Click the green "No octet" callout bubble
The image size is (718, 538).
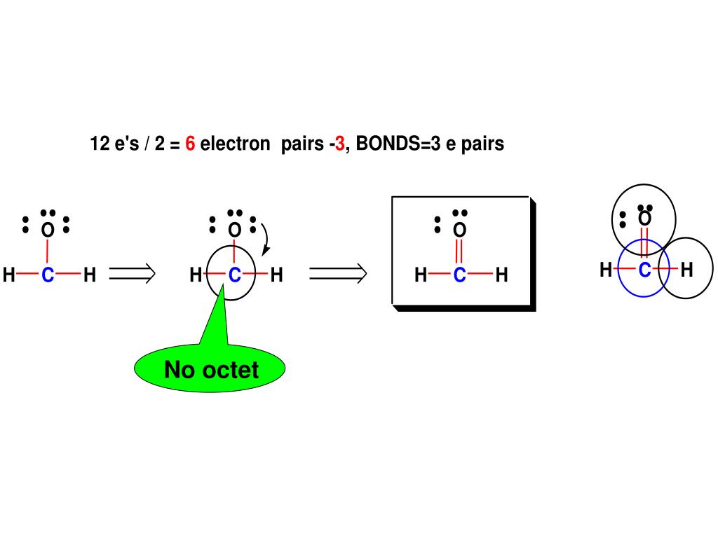210,369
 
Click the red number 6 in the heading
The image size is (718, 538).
190,144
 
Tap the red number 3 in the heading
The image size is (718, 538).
340,144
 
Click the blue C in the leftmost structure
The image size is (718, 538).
48,275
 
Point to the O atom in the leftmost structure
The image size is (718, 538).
47,230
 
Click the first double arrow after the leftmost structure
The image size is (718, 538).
132,275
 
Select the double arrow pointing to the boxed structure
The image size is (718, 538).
338,275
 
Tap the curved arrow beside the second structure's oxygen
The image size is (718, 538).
266,239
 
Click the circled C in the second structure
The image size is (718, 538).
234,275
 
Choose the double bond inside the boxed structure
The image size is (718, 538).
459,252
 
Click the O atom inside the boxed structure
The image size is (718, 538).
459,230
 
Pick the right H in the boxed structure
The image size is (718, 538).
501,275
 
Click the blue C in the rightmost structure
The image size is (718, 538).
644,269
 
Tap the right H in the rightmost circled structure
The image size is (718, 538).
686,269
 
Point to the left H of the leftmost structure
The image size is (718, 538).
8,275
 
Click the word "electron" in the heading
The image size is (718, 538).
235,144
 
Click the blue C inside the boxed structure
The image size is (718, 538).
459,275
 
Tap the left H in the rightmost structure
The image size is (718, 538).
606,269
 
